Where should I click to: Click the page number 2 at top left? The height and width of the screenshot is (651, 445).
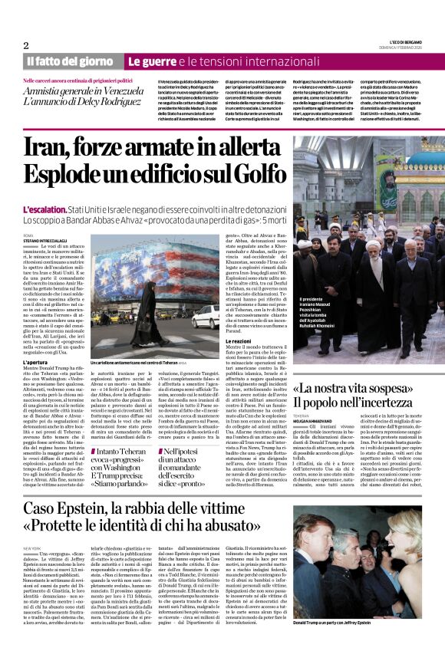[x=26, y=45]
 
